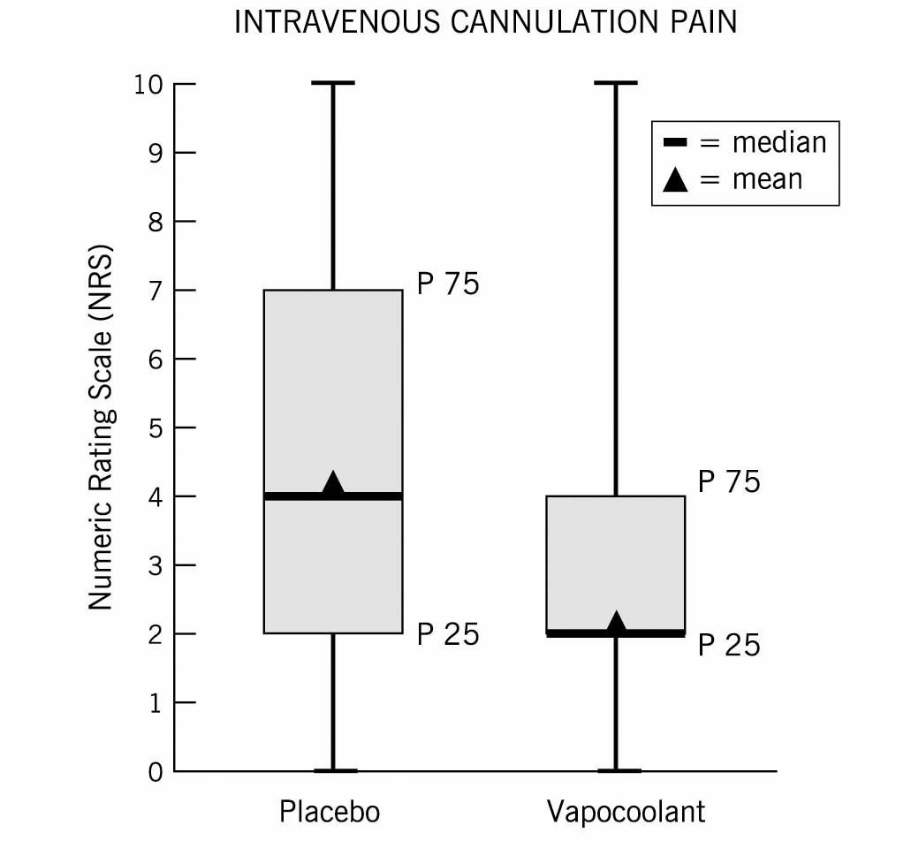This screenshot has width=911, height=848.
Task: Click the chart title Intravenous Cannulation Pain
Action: [x=485, y=23]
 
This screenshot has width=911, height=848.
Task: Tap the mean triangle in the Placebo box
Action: [x=333, y=483]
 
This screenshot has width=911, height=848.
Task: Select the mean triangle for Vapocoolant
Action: [x=616, y=622]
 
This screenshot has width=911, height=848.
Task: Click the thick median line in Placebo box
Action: [x=292, y=496]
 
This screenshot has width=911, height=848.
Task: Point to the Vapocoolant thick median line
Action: [x=574, y=633]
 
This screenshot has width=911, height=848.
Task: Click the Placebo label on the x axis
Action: [x=330, y=811]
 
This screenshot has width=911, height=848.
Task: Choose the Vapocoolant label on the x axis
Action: [x=626, y=811]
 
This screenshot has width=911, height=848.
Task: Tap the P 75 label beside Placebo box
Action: [x=447, y=284]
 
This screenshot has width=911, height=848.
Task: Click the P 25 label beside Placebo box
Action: [x=447, y=634]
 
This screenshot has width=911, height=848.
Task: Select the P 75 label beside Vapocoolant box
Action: [x=729, y=482]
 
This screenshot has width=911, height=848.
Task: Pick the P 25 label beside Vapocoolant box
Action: [x=729, y=646]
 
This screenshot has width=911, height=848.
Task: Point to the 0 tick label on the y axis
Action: [x=155, y=772]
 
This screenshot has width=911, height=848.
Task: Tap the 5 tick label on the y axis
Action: [x=155, y=428]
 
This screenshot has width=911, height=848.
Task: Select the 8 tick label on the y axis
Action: [x=155, y=222]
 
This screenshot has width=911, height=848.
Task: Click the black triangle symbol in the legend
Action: [x=675, y=179]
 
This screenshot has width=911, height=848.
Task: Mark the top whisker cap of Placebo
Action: [x=333, y=83]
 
